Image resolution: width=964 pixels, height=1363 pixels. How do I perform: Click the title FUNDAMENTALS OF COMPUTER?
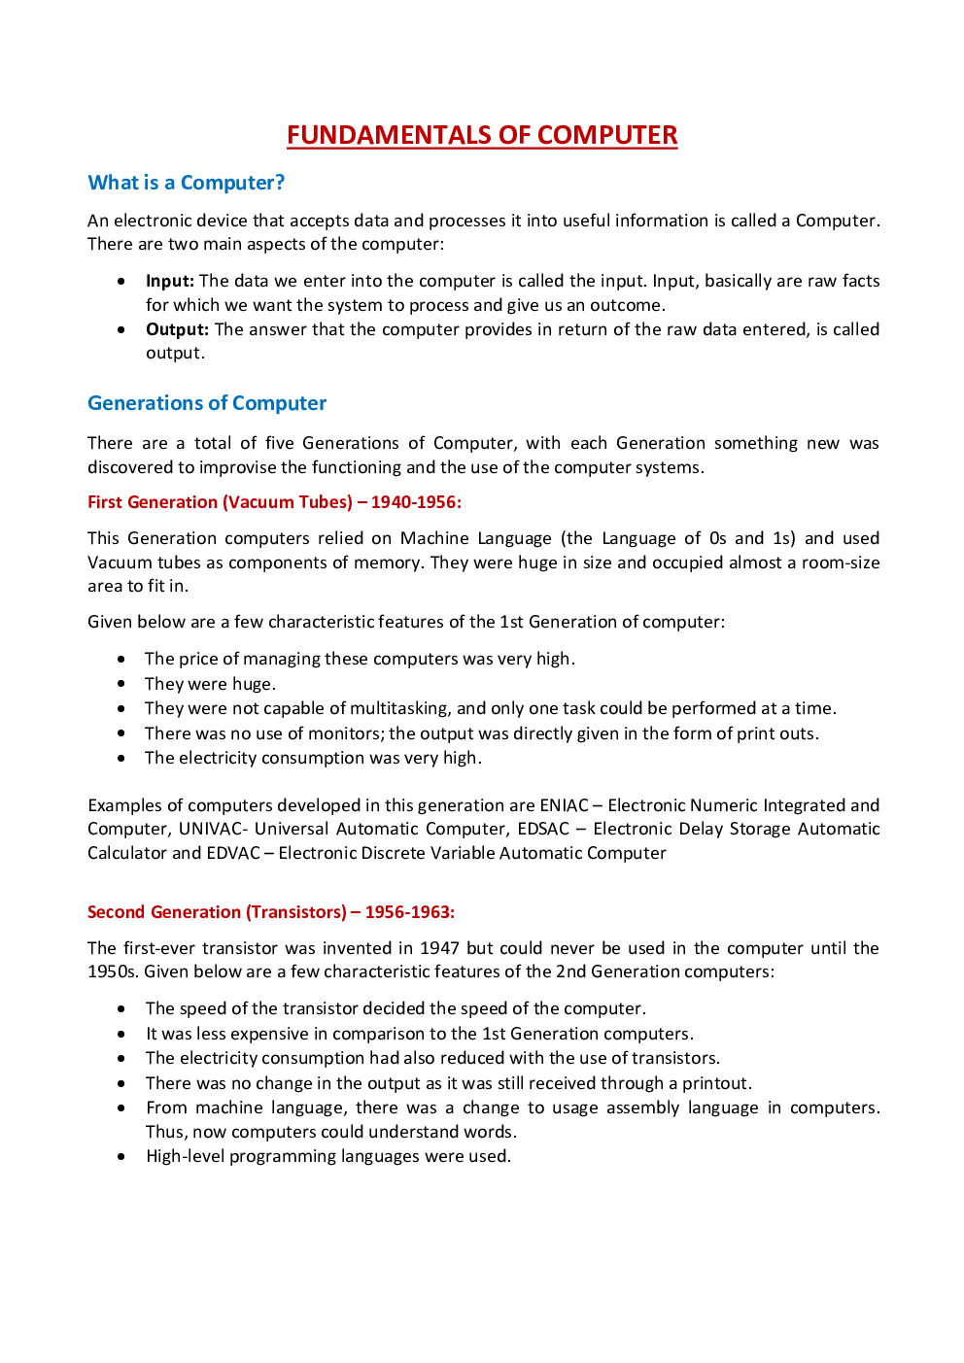pos(482,135)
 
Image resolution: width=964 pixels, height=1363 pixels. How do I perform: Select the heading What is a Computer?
pos(186,183)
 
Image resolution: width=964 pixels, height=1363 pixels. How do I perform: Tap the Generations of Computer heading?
pos(207,403)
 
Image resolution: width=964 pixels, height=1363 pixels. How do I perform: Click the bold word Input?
pos(170,281)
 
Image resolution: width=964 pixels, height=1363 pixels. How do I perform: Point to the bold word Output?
pos(177,329)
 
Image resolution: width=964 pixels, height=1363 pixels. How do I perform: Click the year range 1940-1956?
pos(416,502)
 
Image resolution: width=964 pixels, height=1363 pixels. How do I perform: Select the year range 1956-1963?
pos(409,912)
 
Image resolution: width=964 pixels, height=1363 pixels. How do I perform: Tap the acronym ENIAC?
pos(564,805)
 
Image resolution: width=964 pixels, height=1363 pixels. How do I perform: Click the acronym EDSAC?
pos(543,829)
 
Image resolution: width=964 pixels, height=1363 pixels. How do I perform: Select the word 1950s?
pos(113,971)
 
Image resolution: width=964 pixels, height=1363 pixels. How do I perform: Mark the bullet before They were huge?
pos(121,684)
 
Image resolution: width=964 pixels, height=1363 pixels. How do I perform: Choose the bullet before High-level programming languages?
pos(121,1156)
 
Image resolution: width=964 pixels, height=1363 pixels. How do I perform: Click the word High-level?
pos(185,1156)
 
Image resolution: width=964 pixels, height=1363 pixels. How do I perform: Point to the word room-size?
pos(840,562)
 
